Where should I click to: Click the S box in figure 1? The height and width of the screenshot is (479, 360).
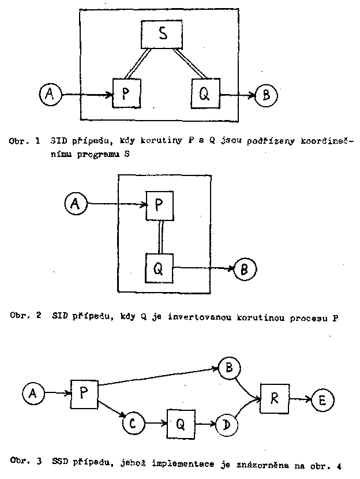click(x=163, y=35)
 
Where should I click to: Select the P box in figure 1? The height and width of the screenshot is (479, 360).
click(x=127, y=93)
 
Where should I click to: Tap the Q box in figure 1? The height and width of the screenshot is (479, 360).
click(x=205, y=93)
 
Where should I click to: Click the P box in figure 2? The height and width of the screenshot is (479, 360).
click(x=160, y=205)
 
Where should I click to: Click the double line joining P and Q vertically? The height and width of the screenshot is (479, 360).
click(x=163, y=236)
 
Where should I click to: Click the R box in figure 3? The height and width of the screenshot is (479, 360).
click(x=275, y=397)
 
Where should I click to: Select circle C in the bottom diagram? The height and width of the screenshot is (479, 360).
click(x=133, y=424)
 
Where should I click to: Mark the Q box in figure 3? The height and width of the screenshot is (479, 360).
click(x=181, y=424)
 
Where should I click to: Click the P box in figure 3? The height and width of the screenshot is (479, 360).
click(x=84, y=394)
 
